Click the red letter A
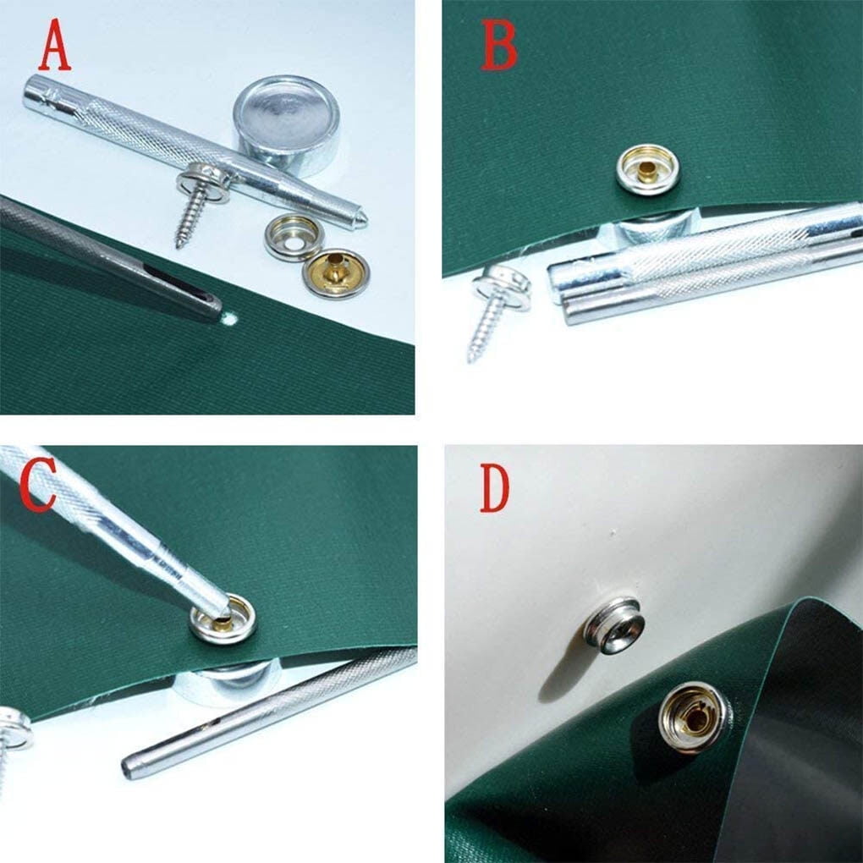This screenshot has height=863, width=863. click(55, 48)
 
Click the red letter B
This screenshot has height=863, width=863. click(498, 48)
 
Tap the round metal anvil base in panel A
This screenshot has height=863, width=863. click(287, 126)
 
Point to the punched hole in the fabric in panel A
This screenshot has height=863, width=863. click(233, 321)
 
